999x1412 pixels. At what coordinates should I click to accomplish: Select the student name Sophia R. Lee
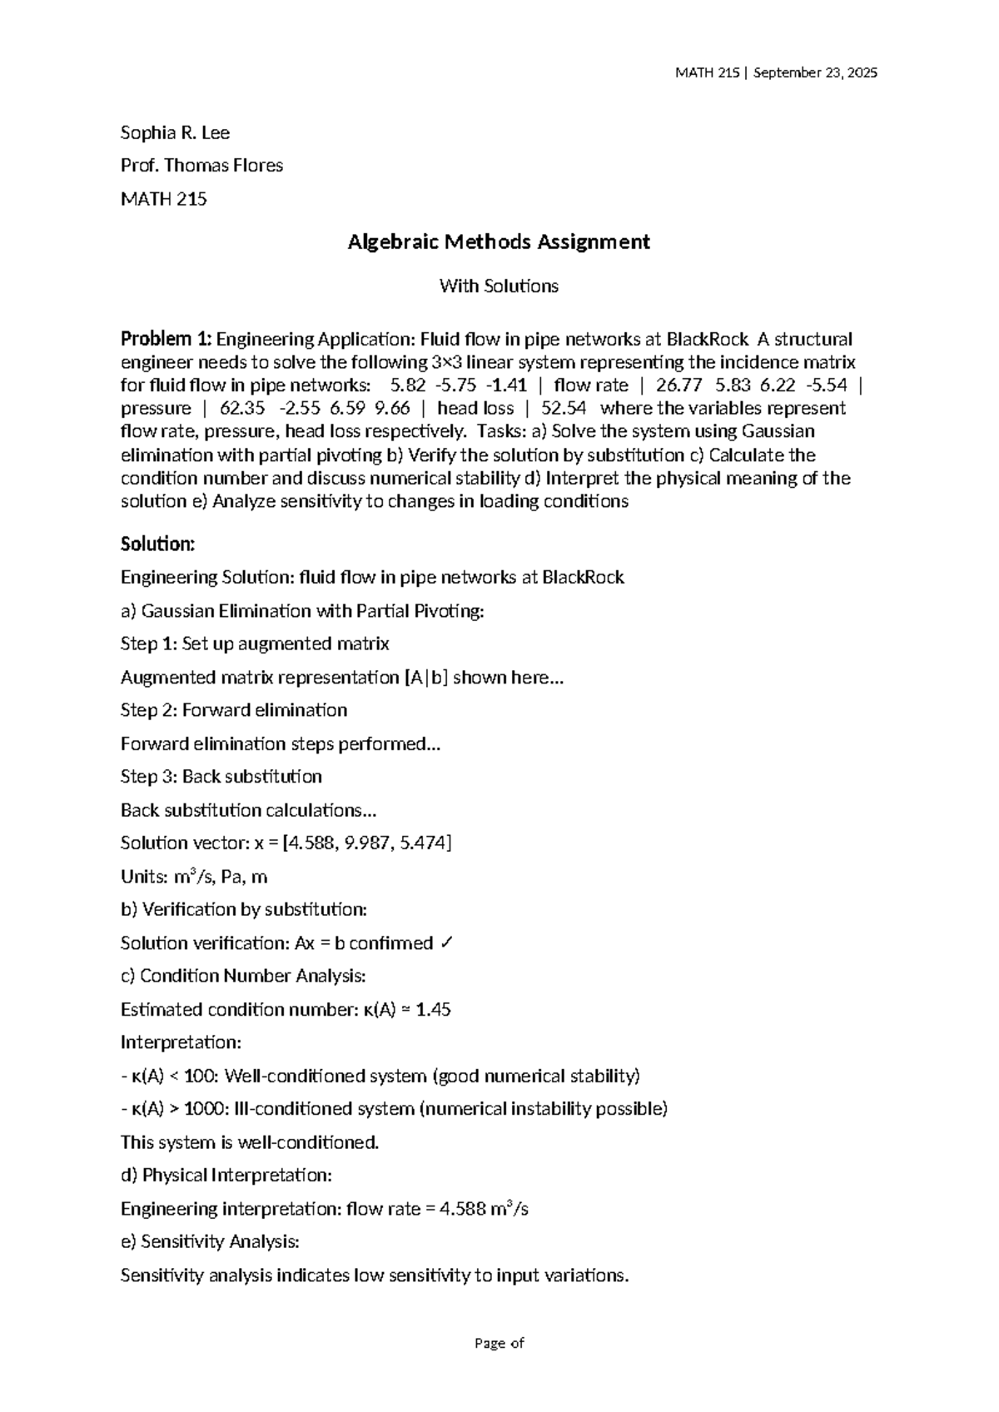tap(175, 133)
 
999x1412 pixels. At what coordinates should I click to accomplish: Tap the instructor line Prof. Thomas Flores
tap(201, 166)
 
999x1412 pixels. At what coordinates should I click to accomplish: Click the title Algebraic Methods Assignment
tap(499, 242)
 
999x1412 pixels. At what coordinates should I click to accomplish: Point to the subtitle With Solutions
tap(499, 286)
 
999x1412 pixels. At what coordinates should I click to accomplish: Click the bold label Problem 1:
tap(166, 340)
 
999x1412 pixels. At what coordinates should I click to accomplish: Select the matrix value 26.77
tap(673, 385)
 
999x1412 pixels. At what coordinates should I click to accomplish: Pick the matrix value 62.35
tap(242, 409)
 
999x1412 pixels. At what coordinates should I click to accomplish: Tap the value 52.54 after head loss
tap(564, 409)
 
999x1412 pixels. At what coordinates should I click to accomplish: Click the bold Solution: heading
tap(157, 544)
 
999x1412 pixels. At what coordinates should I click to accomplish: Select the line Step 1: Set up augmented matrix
tap(255, 644)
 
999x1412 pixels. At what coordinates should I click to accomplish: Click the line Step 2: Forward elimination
tap(234, 710)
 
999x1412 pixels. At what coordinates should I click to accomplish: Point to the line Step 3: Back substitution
tap(221, 777)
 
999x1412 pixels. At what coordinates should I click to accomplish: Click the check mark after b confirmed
tap(446, 943)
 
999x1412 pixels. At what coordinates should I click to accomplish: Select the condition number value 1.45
tap(434, 1010)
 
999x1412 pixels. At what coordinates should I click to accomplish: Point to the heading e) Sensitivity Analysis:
tap(210, 1242)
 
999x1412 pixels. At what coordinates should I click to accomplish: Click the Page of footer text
tap(499, 1343)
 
